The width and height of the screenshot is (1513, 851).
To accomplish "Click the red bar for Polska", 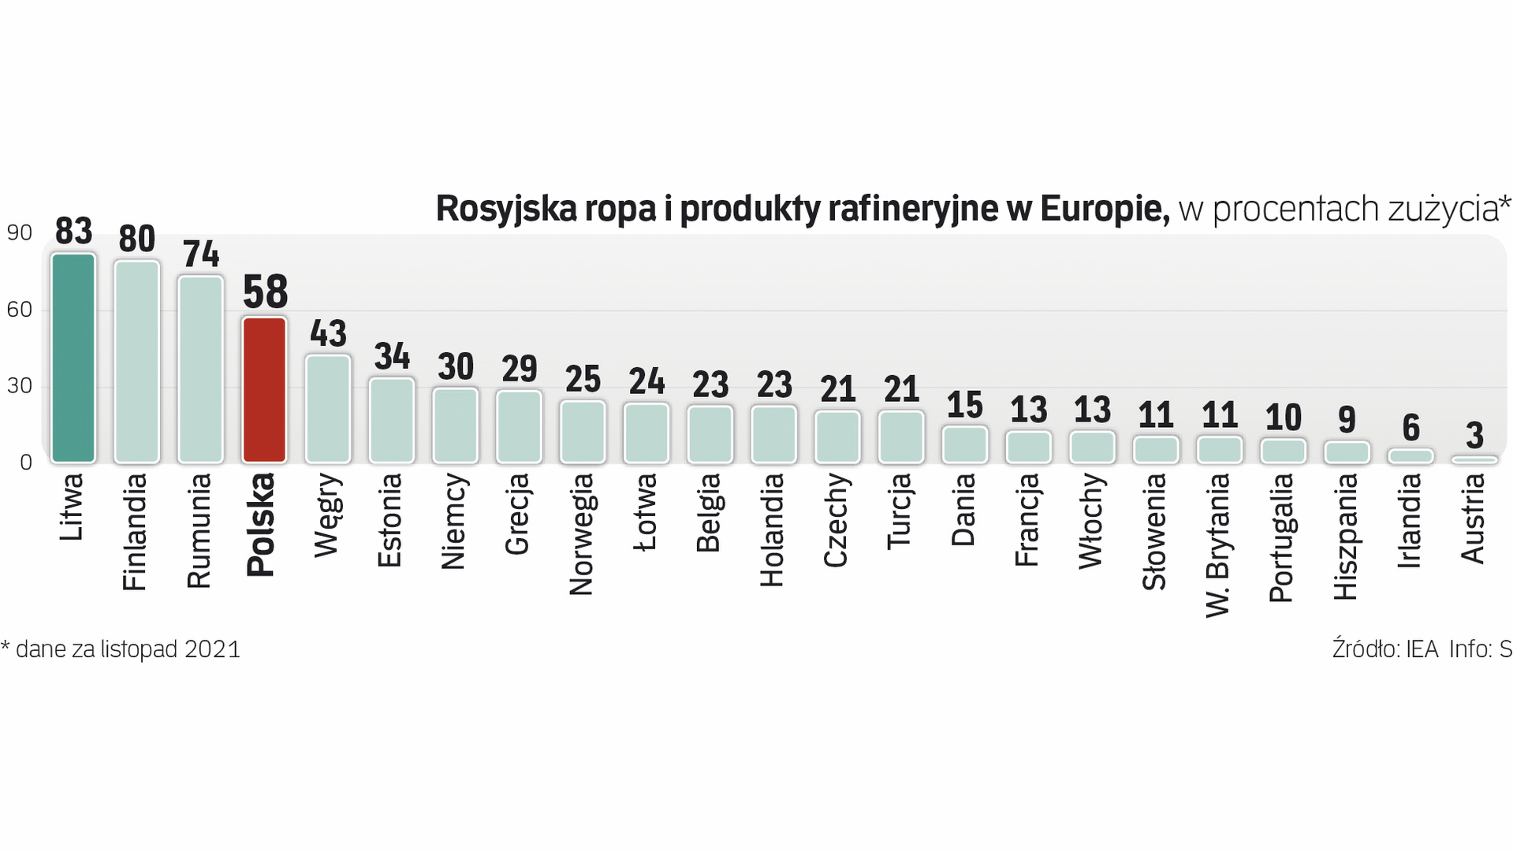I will (x=264, y=389).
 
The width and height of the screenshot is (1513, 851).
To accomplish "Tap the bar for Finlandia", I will (x=137, y=362).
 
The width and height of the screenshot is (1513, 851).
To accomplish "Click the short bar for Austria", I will (x=1474, y=459).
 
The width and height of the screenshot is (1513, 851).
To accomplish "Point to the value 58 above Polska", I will (x=266, y=292).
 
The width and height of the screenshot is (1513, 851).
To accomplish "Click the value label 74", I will (x=201, y=254).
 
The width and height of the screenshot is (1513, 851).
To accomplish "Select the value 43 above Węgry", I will (x=328, y=333).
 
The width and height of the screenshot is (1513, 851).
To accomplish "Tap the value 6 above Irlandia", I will (x=1411, y=428).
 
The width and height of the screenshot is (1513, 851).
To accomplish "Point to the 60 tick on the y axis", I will (x=20, y=310).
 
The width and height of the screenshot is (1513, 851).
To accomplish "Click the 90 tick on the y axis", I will (x=20, y=232).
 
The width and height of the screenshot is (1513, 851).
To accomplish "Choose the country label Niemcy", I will (x=455, y=521).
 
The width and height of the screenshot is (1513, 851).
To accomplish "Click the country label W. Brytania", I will (x=1219, y=544).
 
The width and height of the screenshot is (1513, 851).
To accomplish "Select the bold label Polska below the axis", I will (x=261, y=524).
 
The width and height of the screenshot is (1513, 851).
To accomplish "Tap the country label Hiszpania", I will (x=1347, y=536).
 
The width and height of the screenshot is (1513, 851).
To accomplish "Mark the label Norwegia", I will (x=582, y=533).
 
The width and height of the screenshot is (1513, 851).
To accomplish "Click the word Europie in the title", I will (x=1105, y=209).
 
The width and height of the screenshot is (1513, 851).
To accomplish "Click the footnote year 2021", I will (x=212, y=649).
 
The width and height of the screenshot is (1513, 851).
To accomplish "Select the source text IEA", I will (x=1423, y=649).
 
